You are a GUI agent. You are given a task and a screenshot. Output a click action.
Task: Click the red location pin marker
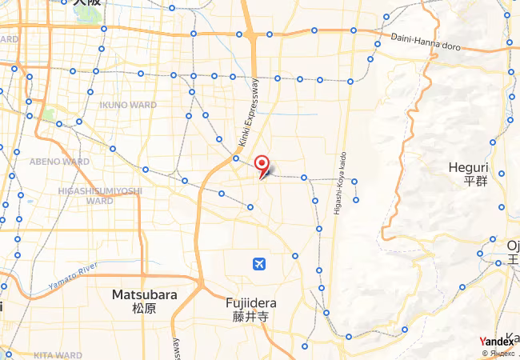(x=262, y=165)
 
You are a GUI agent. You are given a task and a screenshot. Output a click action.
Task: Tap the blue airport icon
(x=259, y=263)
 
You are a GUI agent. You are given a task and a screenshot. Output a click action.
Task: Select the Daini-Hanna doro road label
(x=426, y=41)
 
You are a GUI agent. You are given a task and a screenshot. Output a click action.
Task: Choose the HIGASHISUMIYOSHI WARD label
(x=100, y=196)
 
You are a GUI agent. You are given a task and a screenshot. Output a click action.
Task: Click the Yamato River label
(x=72, y=274)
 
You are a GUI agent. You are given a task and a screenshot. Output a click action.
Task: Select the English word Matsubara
(x=144, y=294)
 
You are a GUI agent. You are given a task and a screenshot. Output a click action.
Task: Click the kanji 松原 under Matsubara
(x=144, y=307)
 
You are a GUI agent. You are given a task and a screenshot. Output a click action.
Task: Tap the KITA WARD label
(x=58, y=354)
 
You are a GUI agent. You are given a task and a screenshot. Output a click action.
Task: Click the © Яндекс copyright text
(x=501, y=353)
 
